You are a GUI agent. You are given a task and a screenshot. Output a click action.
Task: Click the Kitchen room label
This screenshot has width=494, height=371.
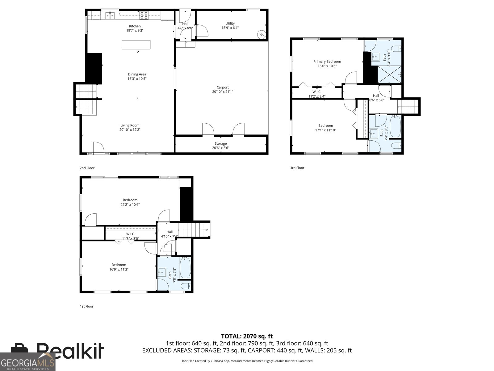135,26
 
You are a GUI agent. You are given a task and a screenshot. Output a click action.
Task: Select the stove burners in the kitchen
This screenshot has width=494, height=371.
144,15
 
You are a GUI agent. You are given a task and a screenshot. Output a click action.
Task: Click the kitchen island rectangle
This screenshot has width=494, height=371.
136,45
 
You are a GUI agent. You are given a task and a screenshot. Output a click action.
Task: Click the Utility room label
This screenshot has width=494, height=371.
230,23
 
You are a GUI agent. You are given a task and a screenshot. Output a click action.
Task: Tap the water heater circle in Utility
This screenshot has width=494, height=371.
262,34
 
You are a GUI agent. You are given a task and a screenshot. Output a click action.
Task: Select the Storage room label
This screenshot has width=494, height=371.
221,143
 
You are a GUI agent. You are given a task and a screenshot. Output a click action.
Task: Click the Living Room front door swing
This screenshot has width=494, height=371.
98,147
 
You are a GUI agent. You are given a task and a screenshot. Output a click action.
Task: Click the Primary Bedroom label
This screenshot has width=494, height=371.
327,62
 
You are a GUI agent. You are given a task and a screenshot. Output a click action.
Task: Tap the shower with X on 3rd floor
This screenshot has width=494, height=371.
390,75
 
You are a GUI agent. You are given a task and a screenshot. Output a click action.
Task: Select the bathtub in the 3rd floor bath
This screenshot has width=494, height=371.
395,126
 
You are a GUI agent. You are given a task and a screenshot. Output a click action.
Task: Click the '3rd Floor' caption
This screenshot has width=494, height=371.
297,168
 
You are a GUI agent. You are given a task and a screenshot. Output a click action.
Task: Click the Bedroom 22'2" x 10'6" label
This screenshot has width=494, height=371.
130,200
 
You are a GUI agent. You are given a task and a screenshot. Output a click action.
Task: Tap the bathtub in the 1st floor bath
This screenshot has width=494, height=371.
185,268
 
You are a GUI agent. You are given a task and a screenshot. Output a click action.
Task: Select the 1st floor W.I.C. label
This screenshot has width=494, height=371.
131,234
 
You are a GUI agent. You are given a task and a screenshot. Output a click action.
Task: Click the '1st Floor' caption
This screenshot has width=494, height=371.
86,306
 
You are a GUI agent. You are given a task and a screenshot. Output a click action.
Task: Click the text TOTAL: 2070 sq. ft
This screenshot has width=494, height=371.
247,336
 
